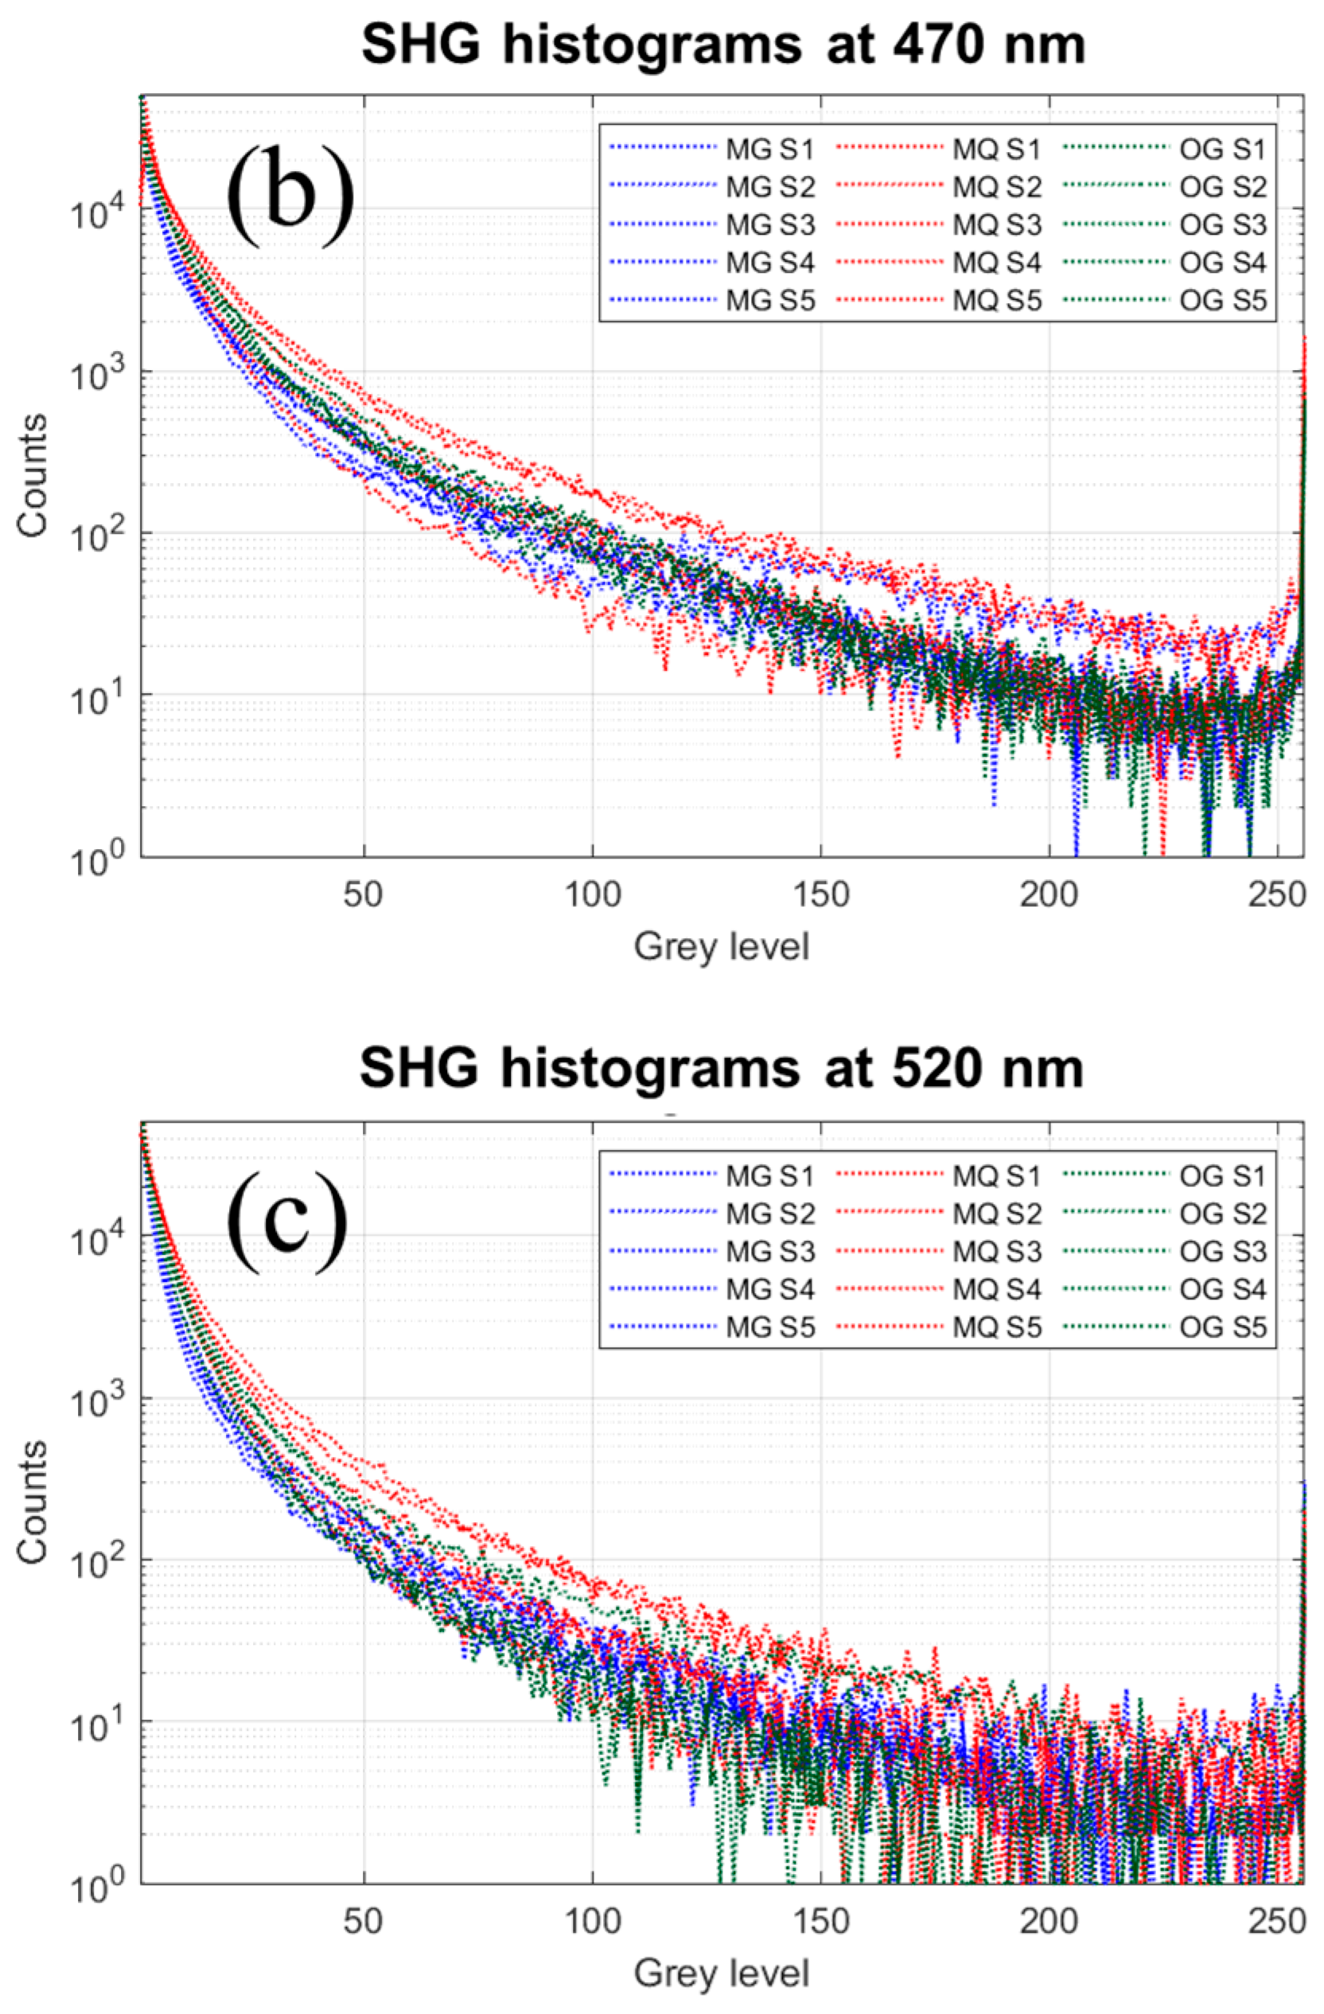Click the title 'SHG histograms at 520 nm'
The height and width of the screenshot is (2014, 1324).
722,1069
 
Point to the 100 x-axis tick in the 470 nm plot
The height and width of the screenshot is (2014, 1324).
592,893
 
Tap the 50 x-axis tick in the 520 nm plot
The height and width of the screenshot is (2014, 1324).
364,1917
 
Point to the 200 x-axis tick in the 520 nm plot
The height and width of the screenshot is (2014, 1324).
1048,1917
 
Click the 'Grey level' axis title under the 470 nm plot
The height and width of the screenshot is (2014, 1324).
722,946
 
